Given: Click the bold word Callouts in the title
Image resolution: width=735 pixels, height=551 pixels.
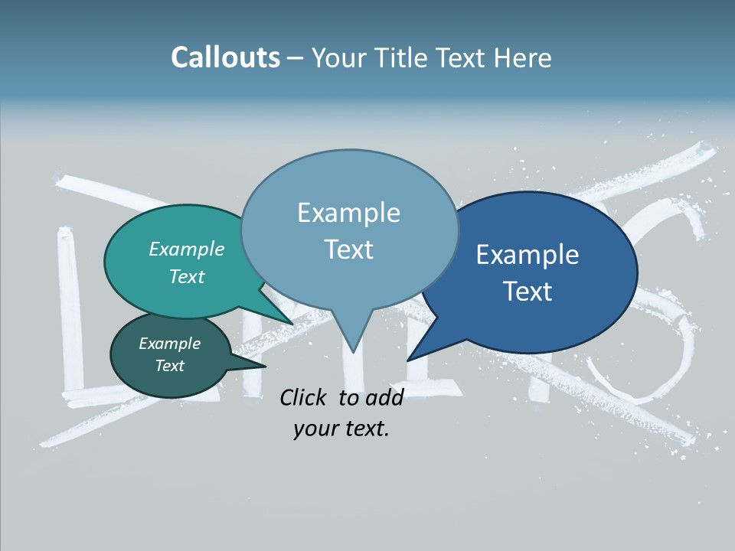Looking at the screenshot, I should point(226,58).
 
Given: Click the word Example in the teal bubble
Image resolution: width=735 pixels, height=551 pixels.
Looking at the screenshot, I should point(187,249).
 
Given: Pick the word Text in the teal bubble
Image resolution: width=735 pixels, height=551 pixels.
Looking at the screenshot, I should point(187,276).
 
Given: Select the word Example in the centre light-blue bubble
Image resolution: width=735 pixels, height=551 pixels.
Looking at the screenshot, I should point(348,213).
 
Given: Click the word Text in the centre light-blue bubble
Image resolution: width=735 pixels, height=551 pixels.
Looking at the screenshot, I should point(348,249).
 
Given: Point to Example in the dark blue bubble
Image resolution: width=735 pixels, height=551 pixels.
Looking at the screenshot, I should point(528,255).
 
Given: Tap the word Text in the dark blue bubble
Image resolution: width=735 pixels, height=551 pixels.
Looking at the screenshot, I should point(528,292).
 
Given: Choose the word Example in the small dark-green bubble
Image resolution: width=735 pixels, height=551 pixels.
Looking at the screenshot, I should point(170,344).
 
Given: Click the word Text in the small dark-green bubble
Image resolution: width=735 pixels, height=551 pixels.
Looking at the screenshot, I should point(170,366).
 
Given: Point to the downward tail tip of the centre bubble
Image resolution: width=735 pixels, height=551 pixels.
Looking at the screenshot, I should point(352,353).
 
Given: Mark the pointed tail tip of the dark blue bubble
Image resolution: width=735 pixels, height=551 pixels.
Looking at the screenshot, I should point(408,360).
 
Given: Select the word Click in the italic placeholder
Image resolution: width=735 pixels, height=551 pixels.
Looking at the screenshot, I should point(305,397).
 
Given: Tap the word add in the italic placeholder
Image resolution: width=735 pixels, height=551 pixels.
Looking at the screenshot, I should point(384,397).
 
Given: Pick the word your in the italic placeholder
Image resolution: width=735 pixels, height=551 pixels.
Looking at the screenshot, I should point(312,429).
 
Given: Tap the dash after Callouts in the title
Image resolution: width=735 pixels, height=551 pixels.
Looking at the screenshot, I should point(296,58).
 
